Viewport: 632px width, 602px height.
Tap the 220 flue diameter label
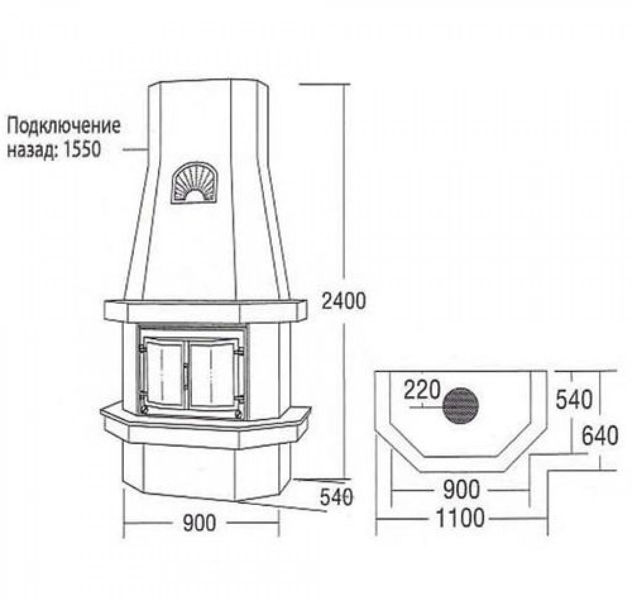click(422, 390)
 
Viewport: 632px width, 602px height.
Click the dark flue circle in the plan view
click(461, 406)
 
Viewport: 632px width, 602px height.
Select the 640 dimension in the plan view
click(600, 435)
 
